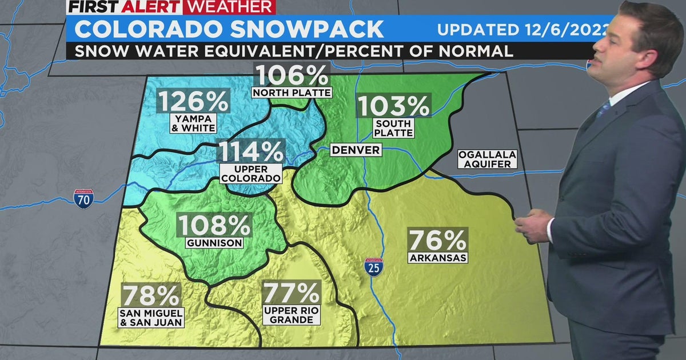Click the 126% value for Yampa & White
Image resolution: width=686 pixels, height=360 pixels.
pos(193,101)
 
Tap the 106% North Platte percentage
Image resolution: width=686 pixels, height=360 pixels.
pos(292,75)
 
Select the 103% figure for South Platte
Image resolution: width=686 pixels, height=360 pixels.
pos(393,106)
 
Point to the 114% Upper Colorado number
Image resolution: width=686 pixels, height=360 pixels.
pos(250,152)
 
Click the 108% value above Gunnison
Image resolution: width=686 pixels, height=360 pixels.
pos(214,225)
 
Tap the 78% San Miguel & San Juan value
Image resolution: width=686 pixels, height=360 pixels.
pos(151,295)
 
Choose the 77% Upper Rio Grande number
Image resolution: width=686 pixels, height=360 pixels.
pos(291,293)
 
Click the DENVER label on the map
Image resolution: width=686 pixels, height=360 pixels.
pos(356,150)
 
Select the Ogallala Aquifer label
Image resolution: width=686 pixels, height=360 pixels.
pos(487,159)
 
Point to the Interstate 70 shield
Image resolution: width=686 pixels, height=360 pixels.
pos(83,198)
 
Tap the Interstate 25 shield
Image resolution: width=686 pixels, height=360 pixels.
pos(374,267)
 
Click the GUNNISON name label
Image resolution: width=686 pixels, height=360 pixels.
pos(214,243)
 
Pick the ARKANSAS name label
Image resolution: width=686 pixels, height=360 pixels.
pos(438,257)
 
